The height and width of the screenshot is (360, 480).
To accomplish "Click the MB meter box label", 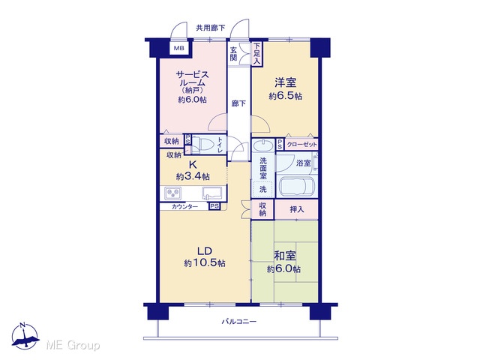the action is click(179, 48).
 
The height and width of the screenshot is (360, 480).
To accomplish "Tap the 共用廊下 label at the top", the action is click(211, 28).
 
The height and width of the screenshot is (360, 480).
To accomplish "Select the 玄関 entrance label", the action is click(233, 53).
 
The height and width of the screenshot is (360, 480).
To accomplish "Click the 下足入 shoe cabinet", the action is click(256, 53).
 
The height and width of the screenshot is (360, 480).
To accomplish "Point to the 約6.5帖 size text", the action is click(285, 96).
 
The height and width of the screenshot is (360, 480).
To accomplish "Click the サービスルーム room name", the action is click(192, 78).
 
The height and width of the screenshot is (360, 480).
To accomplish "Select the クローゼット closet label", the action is click(301, 145).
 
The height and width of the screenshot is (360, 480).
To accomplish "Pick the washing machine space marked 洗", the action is click(262, 190).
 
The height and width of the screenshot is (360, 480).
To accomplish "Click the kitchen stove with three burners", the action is click(172, 193).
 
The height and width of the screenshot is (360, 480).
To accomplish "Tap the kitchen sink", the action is click(212, 193).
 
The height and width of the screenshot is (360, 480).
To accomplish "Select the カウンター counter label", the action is click(184, 207).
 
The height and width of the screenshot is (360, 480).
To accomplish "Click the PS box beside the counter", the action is click(214, 206).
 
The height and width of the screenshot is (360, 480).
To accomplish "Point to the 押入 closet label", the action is click(297, 209).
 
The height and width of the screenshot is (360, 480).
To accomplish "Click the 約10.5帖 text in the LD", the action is click(205, 262).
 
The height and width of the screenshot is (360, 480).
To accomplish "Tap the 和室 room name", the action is click(285, 256).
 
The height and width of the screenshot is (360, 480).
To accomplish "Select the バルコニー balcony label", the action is click(238, 322).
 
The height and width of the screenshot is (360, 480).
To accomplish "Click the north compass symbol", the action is click(25, 336).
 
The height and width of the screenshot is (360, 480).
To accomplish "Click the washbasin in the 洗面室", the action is click(263, 145).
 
